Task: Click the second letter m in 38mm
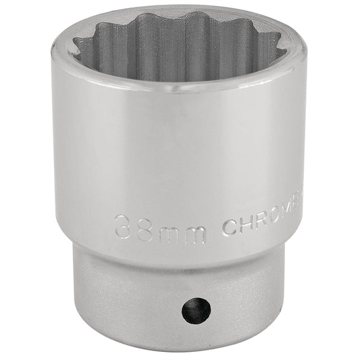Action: point(196,227)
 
